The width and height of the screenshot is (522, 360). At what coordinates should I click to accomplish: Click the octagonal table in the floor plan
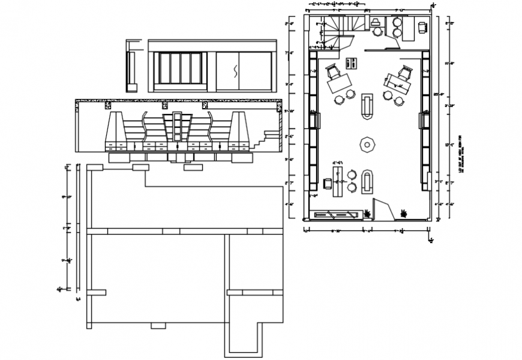365,145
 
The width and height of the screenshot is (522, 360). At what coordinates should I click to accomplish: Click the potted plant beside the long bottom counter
367,212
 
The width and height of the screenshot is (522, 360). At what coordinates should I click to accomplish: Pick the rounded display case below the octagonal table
367,181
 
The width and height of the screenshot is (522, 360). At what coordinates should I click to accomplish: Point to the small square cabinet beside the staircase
352,62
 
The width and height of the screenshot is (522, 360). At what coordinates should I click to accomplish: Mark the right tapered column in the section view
241,130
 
